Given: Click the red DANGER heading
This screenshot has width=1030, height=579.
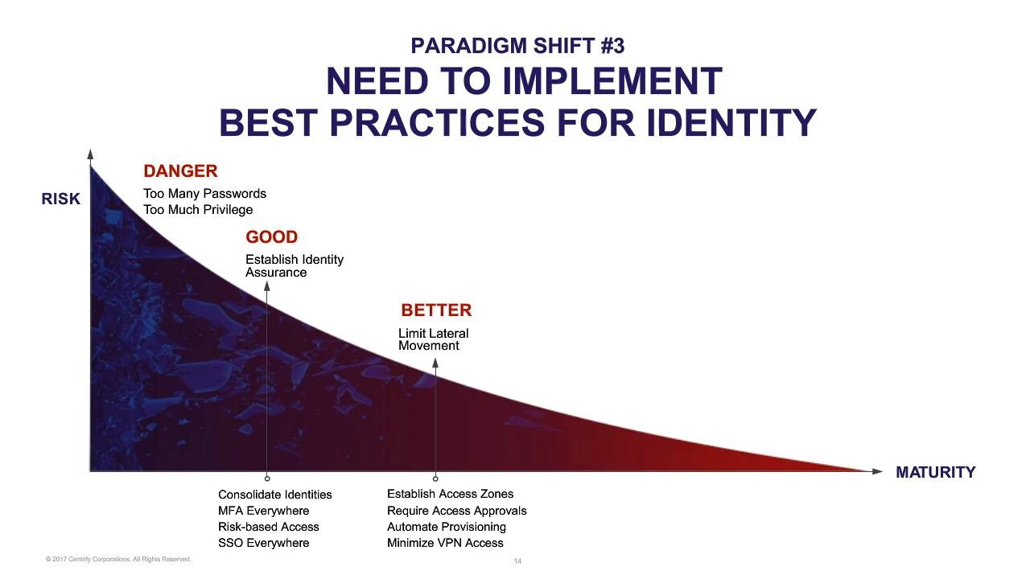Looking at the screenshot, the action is pos(180,171).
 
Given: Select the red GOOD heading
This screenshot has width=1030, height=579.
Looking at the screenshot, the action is pos(271,237).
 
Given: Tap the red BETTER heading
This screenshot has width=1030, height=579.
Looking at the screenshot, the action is pos(436,310).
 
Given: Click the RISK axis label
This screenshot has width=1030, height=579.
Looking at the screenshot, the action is pos(60,199).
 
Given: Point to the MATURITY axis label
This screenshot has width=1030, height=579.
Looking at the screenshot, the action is pos(935,472).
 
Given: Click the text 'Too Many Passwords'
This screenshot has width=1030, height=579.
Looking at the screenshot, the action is pos(204,194).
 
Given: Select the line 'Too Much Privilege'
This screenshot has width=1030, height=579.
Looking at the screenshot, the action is pos(198,210).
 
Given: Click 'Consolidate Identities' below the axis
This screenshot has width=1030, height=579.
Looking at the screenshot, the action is pos(275,495).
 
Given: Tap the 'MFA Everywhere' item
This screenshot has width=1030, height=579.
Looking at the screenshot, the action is pos(263,511).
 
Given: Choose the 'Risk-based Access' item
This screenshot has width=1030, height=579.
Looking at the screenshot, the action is pos(269,527).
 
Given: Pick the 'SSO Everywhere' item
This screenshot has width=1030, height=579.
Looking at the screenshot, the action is pos(263,543).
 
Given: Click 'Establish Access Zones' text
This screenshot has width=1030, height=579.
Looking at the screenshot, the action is pos(450,494).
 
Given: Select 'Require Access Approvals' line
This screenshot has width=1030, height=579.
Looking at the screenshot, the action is pos(456,511).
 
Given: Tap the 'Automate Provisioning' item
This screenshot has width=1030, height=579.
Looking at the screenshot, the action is pos(447,527).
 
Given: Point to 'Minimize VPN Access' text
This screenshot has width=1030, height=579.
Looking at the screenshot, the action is pos(445,543).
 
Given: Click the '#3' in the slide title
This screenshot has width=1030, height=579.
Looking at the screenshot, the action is pos(612,46).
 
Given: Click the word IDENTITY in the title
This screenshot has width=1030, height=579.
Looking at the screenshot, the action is pos(731,123).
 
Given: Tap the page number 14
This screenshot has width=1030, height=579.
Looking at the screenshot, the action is pos(517,561).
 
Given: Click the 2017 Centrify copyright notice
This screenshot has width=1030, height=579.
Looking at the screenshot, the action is pos(118,559).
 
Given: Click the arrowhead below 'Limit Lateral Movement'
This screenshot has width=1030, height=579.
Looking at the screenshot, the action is pos(435,363).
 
